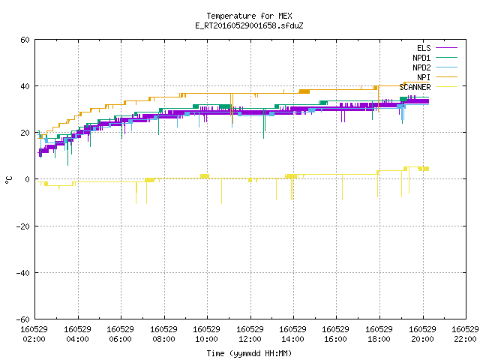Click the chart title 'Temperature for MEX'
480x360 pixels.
(x=249, y=16)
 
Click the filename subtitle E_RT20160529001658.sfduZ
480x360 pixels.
(x=249, y=25)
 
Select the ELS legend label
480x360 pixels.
(x=424, y=48)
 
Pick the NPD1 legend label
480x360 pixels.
(x=421, y=58)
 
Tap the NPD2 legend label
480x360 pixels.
(x=421, y=67)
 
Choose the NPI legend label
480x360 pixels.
(x=424, y=77)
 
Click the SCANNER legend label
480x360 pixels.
(x=415, y=87)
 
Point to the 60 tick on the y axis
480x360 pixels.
(x=25, y=40)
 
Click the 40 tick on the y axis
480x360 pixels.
(x=25, y=86)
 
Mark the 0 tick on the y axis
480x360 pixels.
(x=28, y=179)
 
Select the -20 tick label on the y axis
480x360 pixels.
(x=23, y=226)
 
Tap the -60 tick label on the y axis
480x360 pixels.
(x=23, y=319)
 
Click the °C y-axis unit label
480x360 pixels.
(x=9, y=180)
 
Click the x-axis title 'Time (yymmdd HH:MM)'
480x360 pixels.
(x=249, y=353)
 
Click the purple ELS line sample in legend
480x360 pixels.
(x=447, y=48)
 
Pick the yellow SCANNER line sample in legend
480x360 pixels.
(x=447, y=87)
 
